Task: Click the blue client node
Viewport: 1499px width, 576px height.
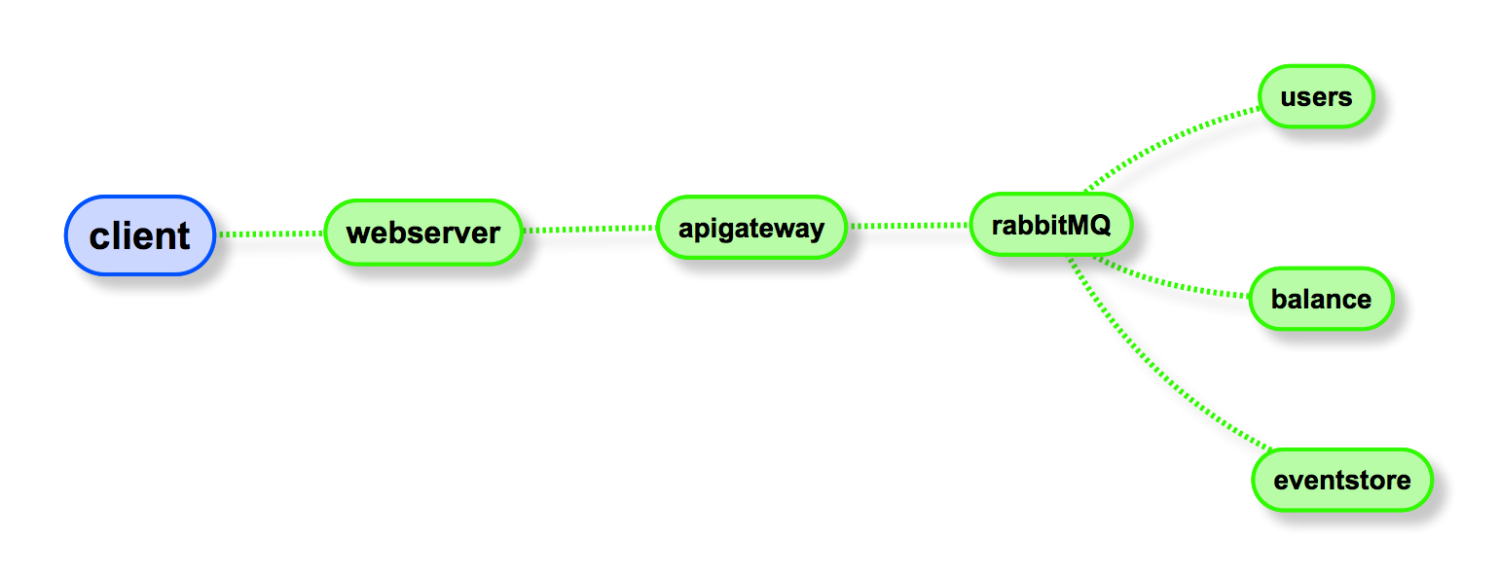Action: (x=139, y=235)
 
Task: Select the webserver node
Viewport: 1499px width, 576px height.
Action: (x=422, y=233)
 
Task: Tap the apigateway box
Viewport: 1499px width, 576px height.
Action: (x=750, y=228)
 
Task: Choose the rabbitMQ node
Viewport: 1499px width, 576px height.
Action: (x=1050, y=225)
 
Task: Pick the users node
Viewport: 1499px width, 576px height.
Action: (x=1316, y=96)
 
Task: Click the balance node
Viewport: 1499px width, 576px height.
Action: (x=1321, y=299)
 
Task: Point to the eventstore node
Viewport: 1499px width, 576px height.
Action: (x=1341, y=480)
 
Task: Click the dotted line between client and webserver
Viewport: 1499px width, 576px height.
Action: (x=270, y=234)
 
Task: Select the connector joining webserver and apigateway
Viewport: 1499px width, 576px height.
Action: (x=590, y=230)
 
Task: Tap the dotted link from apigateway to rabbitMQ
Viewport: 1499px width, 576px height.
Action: (x=909, y=226)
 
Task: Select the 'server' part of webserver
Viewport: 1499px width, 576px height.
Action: (x=451, y=234)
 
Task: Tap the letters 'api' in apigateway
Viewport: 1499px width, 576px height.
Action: (x=698, y=229)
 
